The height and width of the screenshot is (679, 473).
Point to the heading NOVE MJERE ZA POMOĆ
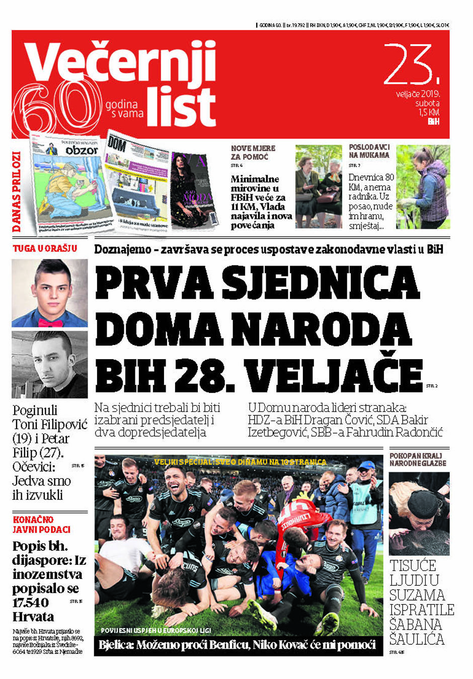pos(253,152)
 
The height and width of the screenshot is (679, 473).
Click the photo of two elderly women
pos(318,187)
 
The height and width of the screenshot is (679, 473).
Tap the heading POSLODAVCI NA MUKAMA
pos(369,151)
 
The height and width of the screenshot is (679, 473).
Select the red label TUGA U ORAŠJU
pos(45,248)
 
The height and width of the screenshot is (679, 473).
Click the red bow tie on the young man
pos(50,322)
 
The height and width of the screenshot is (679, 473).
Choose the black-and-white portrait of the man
pos(49,365)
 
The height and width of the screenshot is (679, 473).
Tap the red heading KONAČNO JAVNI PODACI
pos(41,525)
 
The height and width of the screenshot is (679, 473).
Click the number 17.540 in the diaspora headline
pos(31,603)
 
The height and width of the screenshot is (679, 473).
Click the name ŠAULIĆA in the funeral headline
pos(417,639)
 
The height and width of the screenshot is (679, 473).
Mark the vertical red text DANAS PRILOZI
pos(18,192)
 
